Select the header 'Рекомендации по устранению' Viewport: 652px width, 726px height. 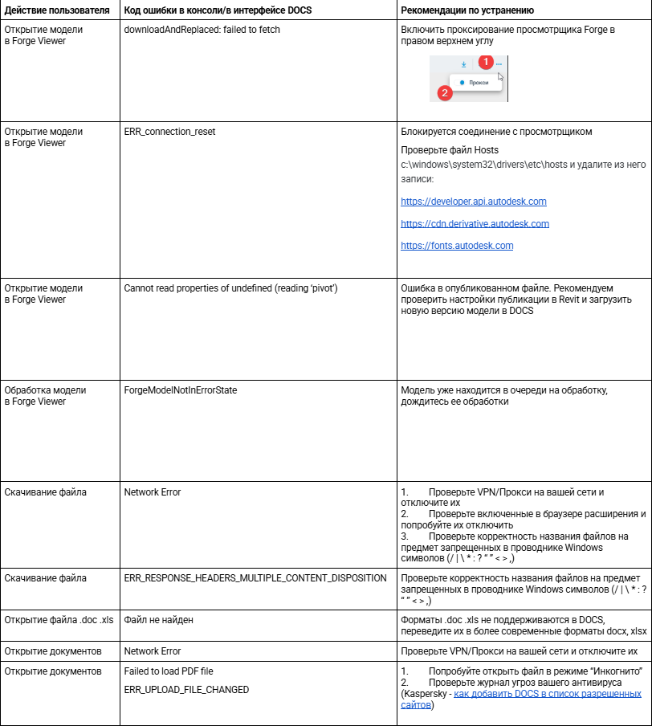click(x=468, y=10)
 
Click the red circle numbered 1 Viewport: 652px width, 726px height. click(x=484, y=61)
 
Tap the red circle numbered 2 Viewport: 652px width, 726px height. click(x=444, y=93)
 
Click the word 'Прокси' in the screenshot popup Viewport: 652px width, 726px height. click(x=479, y=83)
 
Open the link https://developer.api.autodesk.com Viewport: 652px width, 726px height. click(x=473, y=202)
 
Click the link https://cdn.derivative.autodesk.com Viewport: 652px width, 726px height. click(x=475, y=223)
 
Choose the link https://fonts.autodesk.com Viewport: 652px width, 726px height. click(x=457, y=246)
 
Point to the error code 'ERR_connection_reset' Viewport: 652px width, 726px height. click(x=169, y=131)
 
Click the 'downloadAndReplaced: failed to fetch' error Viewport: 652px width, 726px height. click(x=202, y=30)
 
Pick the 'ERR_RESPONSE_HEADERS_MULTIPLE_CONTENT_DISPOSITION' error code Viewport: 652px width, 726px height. click(x=255, y=578)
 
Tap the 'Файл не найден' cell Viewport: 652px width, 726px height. click(x=158, y=620)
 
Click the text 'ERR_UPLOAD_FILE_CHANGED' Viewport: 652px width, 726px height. click(x=186, y=690)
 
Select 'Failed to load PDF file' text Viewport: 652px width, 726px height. click(x=169, y=671)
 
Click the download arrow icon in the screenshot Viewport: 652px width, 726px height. click(x=464, y=63)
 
